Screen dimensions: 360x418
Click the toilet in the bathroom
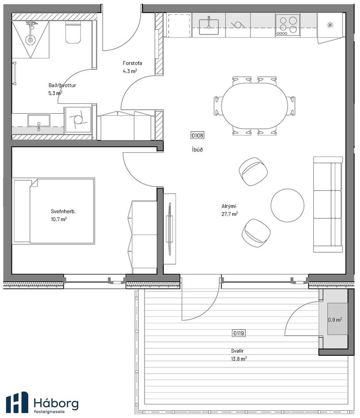click(73, 32)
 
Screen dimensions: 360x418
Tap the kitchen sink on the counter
click(209, 26)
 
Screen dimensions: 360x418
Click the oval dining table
click(254, 106)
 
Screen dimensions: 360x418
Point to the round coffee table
click(287, 205)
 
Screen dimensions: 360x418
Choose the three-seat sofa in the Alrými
click(328, 204)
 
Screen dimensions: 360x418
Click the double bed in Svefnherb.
click(53, 211)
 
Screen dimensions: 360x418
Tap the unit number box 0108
click(198, 135)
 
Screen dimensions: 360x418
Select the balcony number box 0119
click(239, 333)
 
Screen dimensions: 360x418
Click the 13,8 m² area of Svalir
click(239, 359)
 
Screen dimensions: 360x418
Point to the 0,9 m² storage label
click(335, 319)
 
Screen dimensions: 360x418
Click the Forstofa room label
click(133, 63)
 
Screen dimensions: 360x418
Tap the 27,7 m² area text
click(229, 214)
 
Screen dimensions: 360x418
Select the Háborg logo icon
click(17, 402)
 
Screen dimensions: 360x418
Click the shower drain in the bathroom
click(30, 40)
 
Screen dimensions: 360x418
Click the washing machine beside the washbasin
click(78, 120)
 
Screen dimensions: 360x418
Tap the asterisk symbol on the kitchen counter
click(330, 25)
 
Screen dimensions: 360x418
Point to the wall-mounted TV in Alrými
click(170, 229)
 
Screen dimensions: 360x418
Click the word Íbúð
click(197, 149)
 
